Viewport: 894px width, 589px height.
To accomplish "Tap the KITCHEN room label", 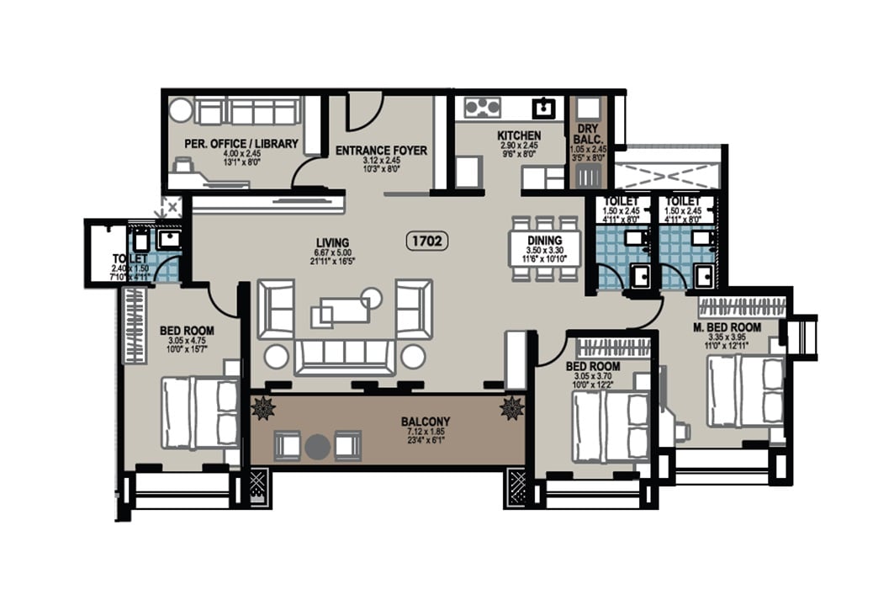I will coord(518,135).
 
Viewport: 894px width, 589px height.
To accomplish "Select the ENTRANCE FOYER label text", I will coord(381,151).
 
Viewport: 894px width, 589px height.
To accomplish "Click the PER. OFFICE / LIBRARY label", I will coord(241,144).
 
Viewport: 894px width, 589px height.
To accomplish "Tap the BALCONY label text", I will coord(426,422).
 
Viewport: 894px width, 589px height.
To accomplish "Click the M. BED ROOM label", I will coord(727,327).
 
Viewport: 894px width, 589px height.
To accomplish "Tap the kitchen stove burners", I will coord(482,107).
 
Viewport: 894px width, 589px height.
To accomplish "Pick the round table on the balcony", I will coord(317,446).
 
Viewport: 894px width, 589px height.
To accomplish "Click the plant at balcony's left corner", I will coord(264,409).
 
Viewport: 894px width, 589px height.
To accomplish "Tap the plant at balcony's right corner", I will coord(511,409).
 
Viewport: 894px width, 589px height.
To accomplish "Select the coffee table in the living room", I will coord(345,309).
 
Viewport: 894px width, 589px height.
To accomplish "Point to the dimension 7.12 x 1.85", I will coord(426,432).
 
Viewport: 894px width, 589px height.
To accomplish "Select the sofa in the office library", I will coord(248,111).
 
